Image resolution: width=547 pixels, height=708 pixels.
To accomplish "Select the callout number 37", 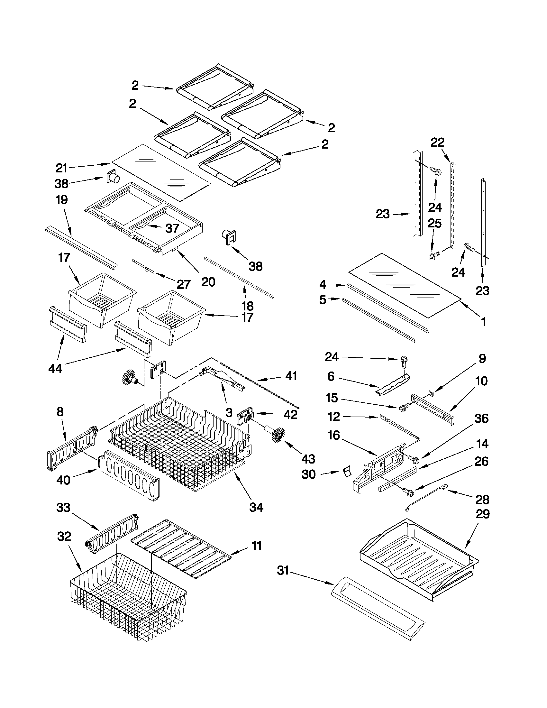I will [172, 228].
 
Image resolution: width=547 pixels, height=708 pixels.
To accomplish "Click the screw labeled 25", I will [432, 256].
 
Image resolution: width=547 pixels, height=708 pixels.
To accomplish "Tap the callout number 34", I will [256, 507].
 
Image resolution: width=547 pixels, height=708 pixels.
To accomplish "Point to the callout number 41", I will [291, 376].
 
